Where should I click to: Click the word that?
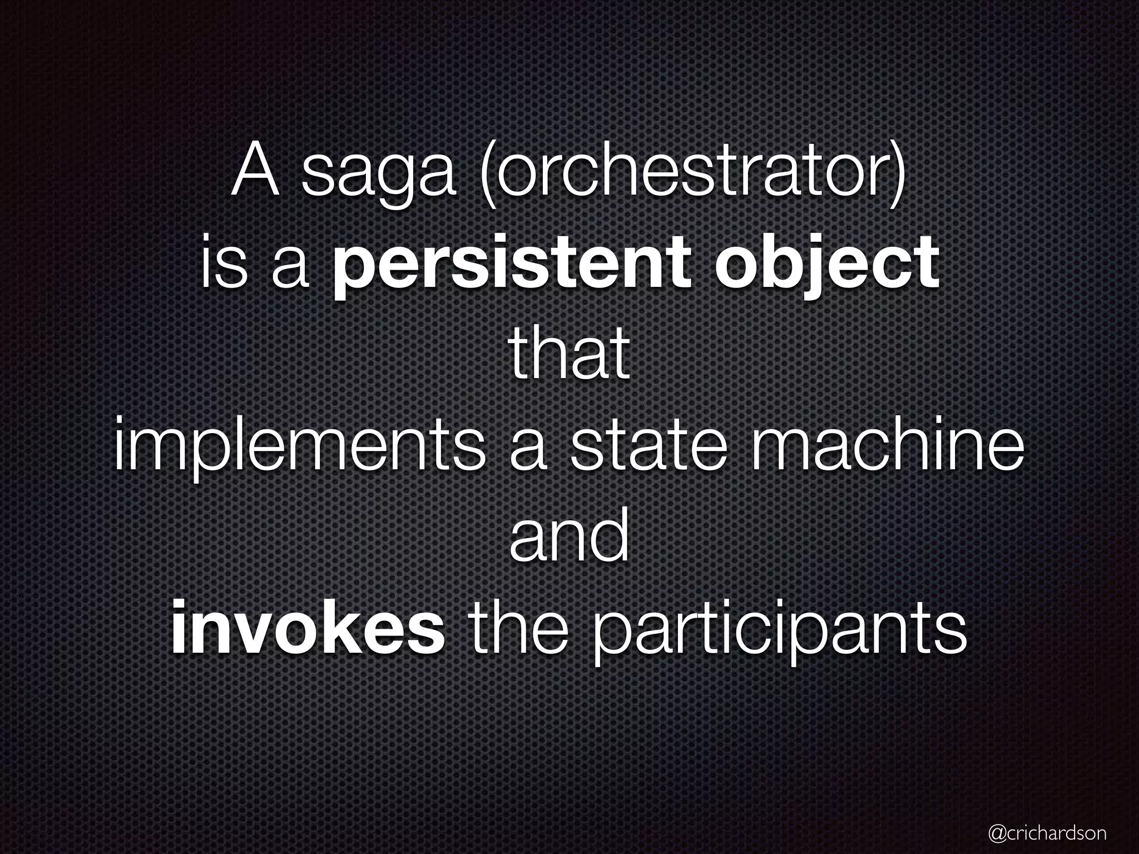(x=569, y=356)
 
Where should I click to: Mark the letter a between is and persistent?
(x=290, y=270)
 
